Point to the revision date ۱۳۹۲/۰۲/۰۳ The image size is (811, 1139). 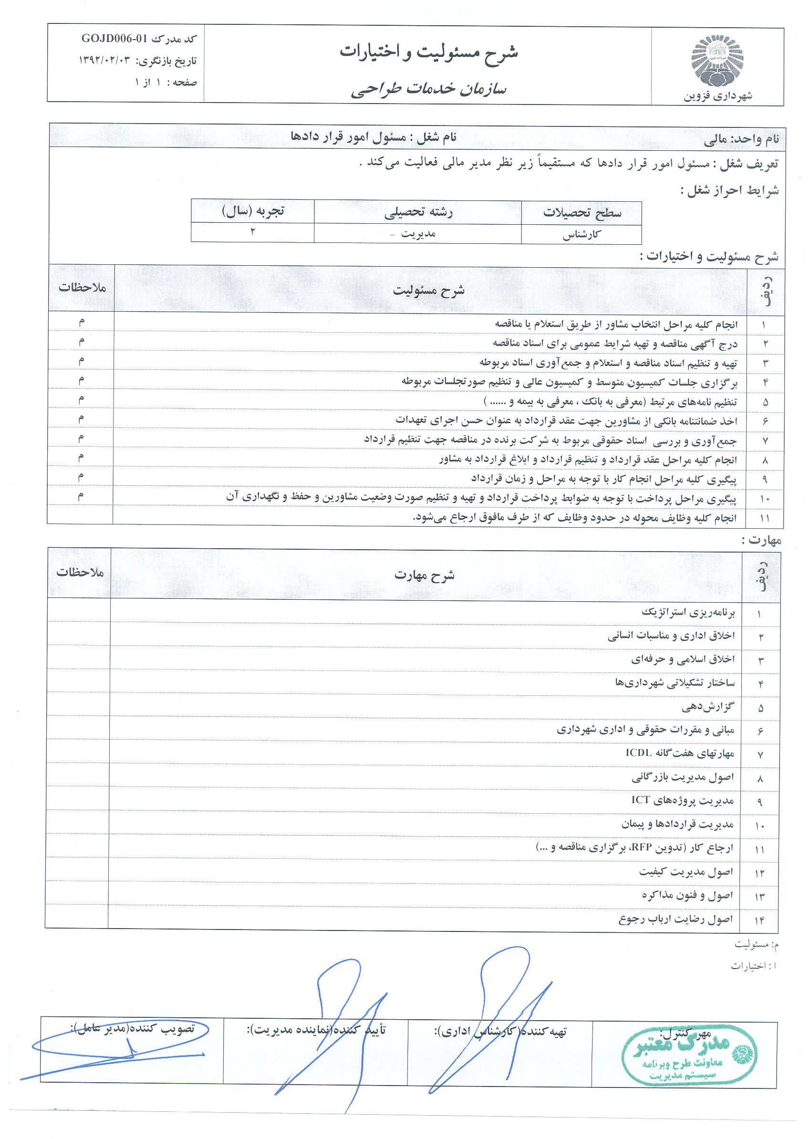107,61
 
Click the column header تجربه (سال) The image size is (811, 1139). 253,211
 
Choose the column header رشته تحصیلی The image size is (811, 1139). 418,213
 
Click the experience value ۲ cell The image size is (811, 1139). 253,232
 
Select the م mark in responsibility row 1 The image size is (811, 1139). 81,323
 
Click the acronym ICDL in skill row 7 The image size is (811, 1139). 638,752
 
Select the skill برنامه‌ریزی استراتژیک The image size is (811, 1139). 688,613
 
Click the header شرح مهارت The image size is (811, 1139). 425,575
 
